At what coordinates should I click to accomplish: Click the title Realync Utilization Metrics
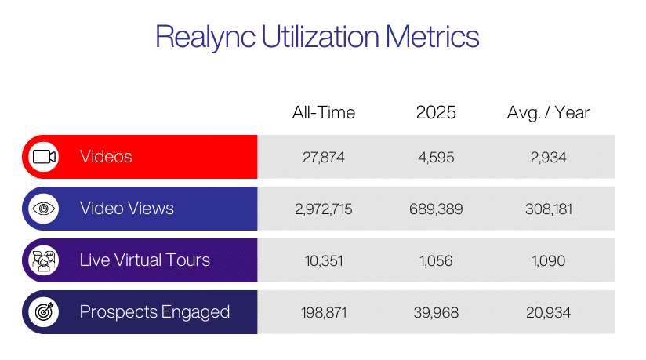[317, 38]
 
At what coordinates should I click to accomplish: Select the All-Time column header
[323, 112]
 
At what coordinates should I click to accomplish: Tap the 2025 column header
[436, 112]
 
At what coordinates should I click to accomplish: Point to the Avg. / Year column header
[548, 112]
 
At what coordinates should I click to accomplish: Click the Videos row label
[106, 157]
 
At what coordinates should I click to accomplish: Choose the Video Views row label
[126, 209]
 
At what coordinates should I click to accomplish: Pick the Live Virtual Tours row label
[145, 260]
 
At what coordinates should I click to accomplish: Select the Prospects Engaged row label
[154, 312]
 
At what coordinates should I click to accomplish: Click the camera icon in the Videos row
[43, 157]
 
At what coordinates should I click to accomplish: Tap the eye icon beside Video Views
[43, 209]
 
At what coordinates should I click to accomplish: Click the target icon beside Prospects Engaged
[43, 312]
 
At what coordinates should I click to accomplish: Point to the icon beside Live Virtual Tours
[43, 260]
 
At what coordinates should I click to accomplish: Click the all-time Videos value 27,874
[323, 157]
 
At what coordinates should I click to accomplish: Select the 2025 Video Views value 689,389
[436, 209]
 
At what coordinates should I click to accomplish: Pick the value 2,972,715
[323, 209]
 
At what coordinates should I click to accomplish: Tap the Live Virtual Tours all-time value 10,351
[323, 260]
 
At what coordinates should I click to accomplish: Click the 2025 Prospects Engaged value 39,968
[436, 312]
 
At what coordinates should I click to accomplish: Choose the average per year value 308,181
[548, 209]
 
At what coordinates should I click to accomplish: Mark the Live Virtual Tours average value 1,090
[548, 260]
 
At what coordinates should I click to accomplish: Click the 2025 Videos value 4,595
[436, 157]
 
